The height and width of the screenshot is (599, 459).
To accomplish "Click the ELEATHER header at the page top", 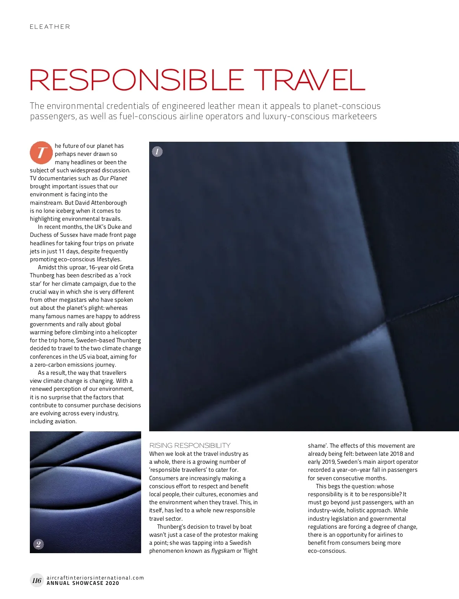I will pyautogui.click(x=50, y=27).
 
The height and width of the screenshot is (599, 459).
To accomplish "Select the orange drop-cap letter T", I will pyautogui.click(x=41, y=152).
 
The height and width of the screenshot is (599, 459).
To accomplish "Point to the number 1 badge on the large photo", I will pyautogui.click(x=157, y=152).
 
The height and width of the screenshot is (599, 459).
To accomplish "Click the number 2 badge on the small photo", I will pyautogui.click(x=38, y=544).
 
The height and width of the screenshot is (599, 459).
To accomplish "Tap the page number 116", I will pyautogui.click(x=37, y=581).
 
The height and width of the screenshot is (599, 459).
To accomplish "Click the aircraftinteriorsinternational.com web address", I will pyautogui.click(x=95, y=578).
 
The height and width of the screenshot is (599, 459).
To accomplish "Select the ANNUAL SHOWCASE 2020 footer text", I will pyautogui.click(x=83, y=583).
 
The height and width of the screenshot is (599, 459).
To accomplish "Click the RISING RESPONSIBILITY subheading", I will pyautogui.click(x=190, y=445).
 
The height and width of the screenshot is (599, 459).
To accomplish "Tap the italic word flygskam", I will pyautogui.click(x=223, y=551).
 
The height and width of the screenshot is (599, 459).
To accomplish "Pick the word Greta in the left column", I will pyautogui.click(x=126, y=267).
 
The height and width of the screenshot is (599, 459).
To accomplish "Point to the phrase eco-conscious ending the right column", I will pyautogui.click(x=327, y=551).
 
